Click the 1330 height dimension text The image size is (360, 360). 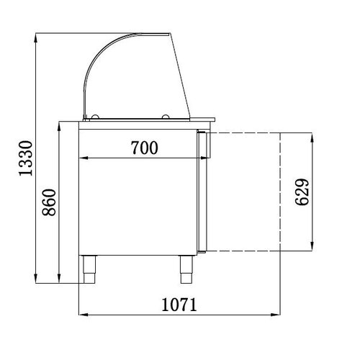click(25, 159)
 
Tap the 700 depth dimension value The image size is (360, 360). click(144, 148)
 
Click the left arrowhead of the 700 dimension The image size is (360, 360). click(82, 158)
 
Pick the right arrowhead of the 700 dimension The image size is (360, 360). click(194, 158)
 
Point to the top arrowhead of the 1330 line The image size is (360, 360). click(36, 36)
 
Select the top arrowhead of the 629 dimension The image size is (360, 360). click(312, 137)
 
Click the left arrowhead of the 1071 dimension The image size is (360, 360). click(81, 314)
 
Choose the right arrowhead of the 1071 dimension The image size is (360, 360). click(277, 314)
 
